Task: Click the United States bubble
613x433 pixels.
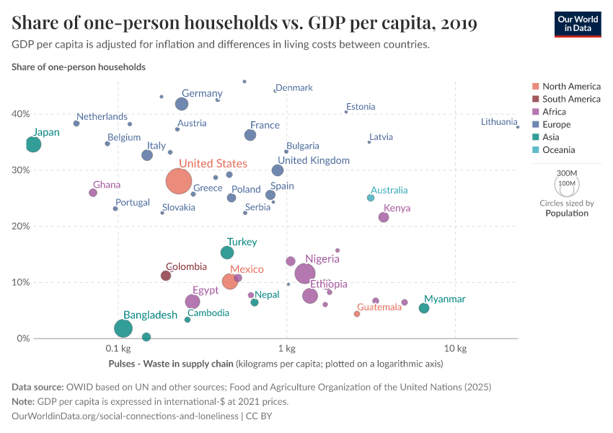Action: [x=179, y=180]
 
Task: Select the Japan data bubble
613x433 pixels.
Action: [x=33, y=144]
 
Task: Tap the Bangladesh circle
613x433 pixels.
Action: [x=123, y=328]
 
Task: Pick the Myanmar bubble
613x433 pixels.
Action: [x=424, y=308]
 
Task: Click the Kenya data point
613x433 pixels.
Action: [x=384, y=217]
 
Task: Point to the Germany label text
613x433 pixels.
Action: [x=202, y=93]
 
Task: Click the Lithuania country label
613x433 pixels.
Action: [x=499, y=122]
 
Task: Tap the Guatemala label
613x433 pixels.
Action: [x=379, y=307]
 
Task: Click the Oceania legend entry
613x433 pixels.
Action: [x=558, y=150]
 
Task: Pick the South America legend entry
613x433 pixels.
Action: [x=571, y=99]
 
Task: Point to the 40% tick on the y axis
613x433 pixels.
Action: [x=20, y=114]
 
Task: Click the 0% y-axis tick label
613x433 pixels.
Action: [x=23, y=338]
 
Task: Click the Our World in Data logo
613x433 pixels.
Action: [x=577, y=23]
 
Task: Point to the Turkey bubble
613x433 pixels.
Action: [x=227, y=253]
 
